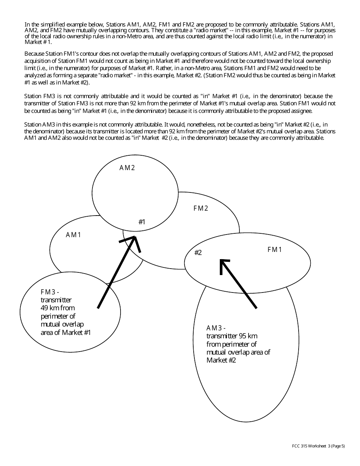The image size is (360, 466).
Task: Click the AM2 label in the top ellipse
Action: (x=127, y=168)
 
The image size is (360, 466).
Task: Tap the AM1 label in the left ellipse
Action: (x=74, y=235)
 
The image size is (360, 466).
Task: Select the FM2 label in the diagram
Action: (x=201, y=208)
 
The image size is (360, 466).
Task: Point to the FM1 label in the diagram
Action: (x=275, y=250)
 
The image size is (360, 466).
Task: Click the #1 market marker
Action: (x=142, y=222)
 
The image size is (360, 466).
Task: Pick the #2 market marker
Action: (x=198, y=253)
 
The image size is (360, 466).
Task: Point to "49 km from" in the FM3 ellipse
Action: (x=57, y=308)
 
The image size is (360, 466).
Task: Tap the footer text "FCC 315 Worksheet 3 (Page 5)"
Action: (x=316, y=446)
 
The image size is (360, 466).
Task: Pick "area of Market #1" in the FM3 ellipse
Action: (x=66, y=333)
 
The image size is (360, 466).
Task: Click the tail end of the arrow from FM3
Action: (x=98, y=308)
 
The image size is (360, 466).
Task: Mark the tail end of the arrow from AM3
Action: (x=257, y=308)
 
